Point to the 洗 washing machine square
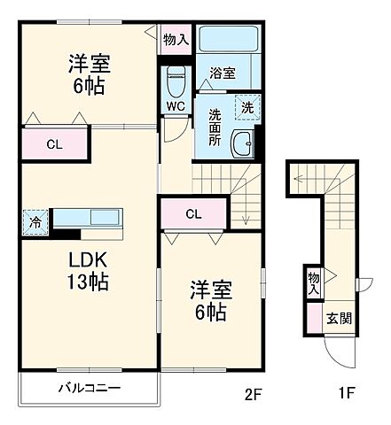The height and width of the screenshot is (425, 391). point(246,105)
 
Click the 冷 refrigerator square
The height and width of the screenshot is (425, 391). point(33,221)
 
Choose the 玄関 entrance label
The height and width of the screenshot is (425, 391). point(337,319)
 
